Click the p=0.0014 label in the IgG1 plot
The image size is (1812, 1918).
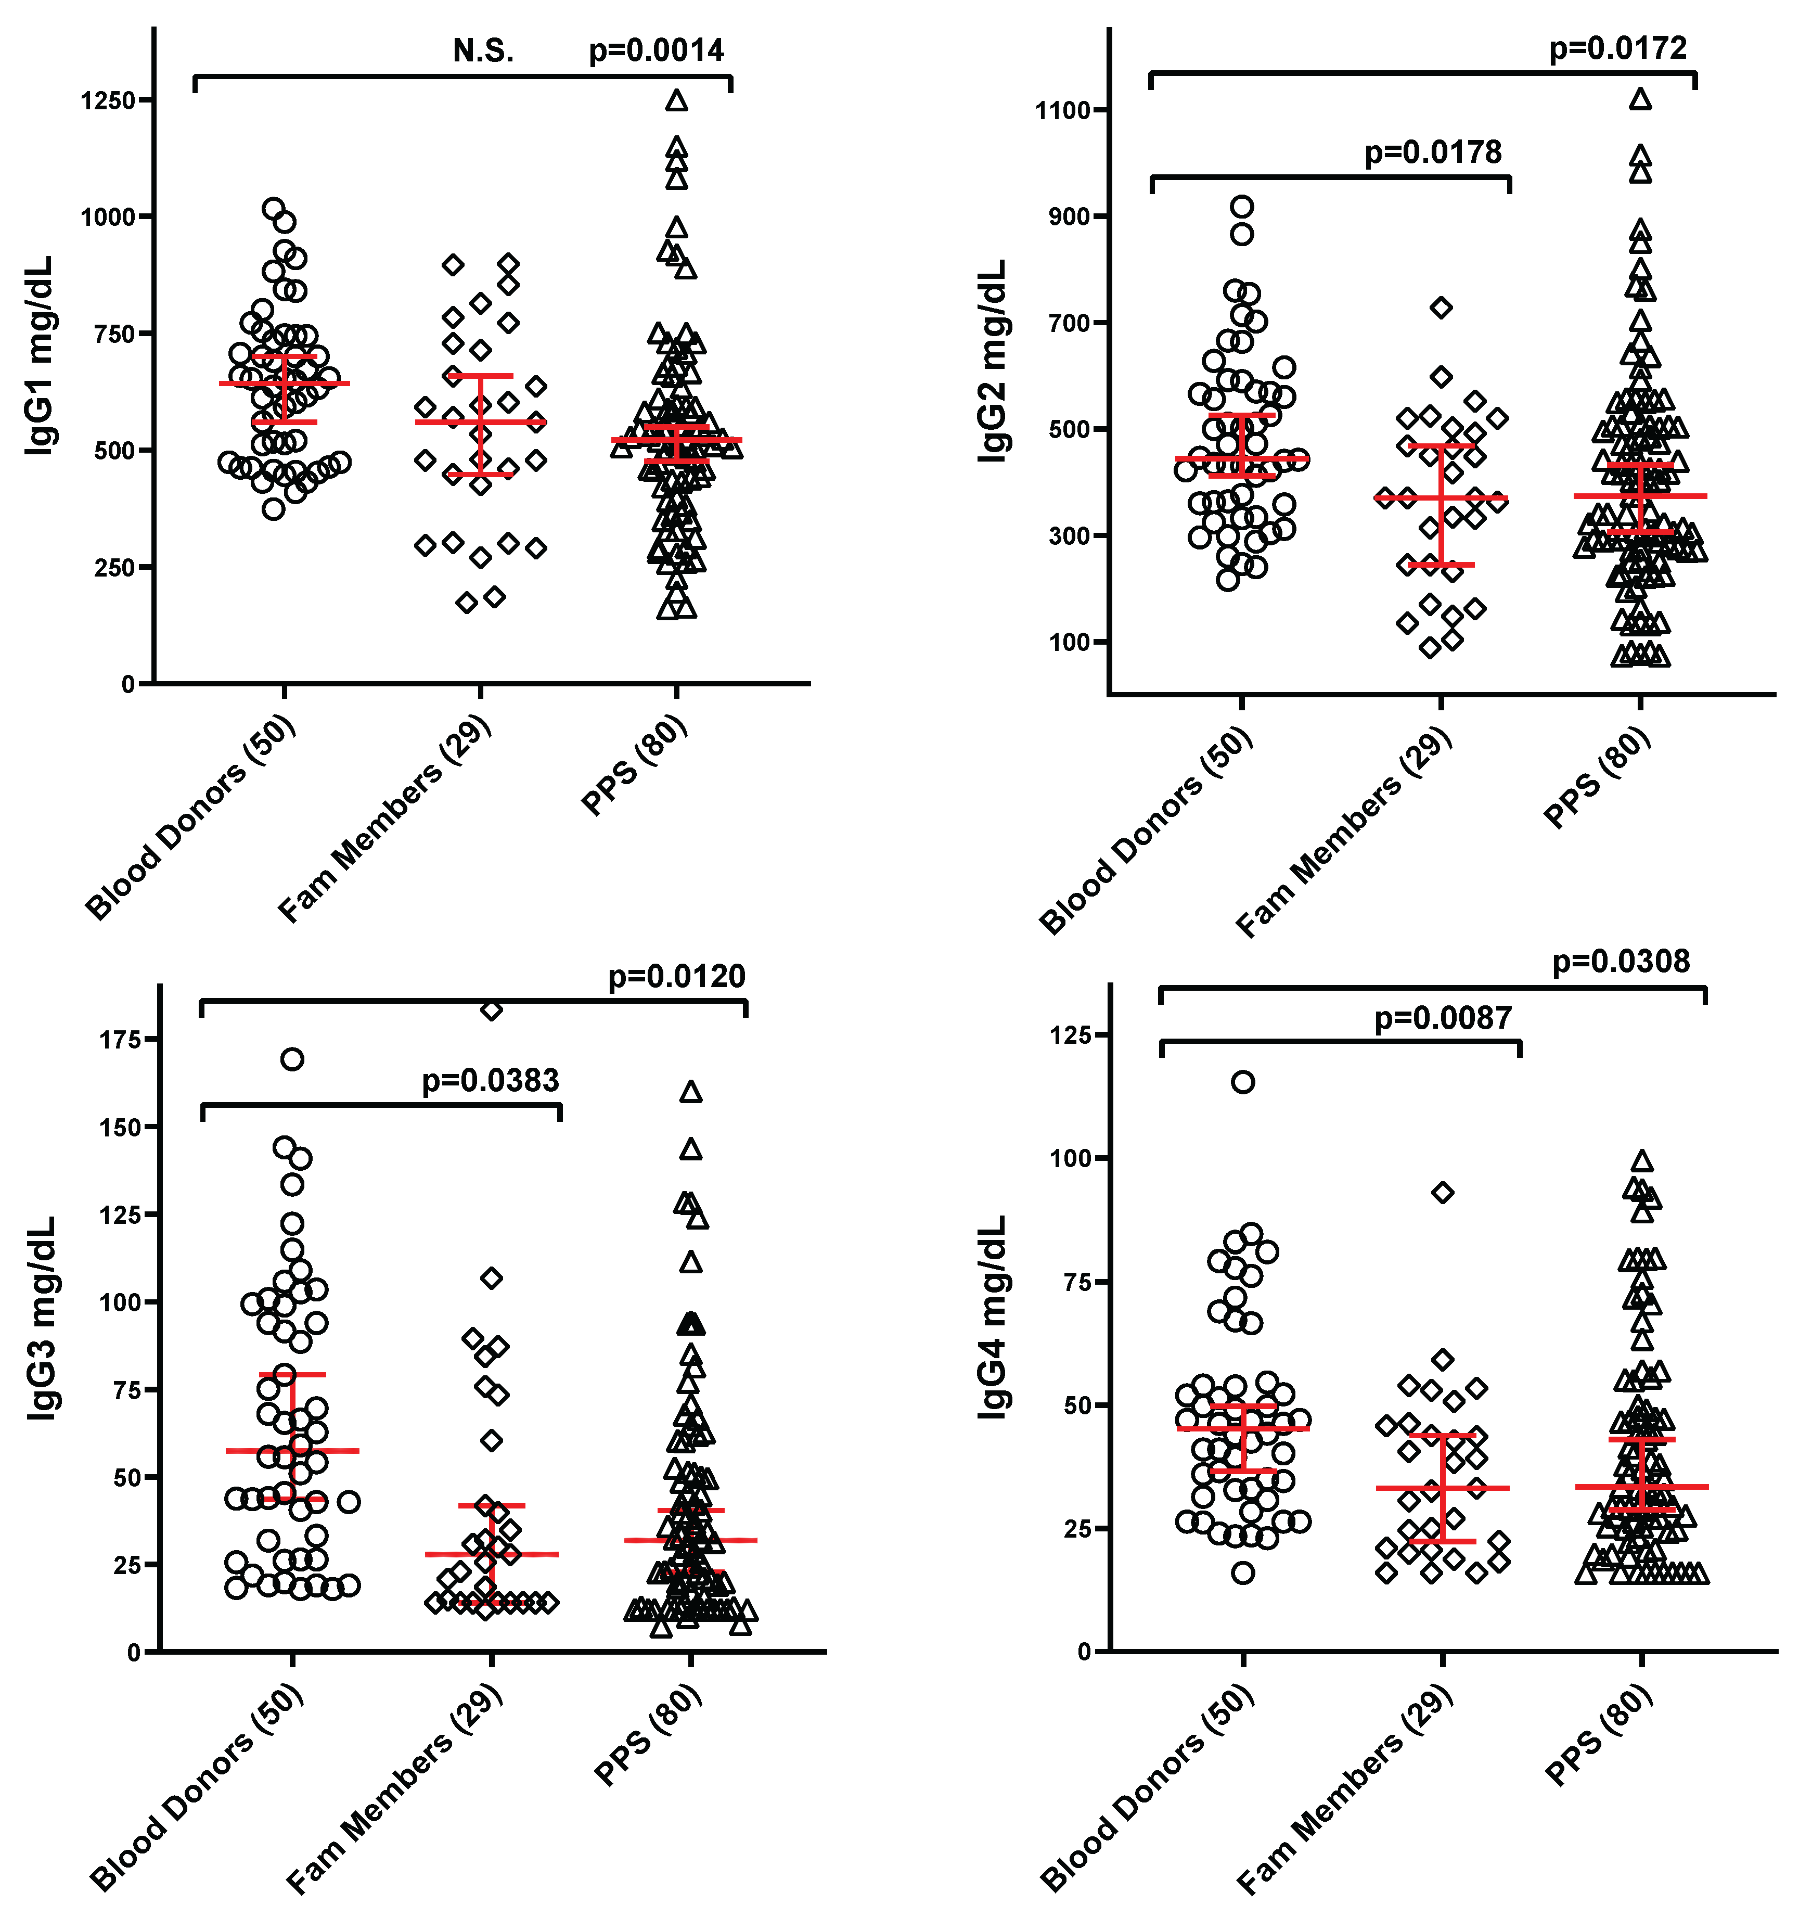click(656, 50)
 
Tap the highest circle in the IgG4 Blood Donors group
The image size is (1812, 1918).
click(1243, 1082)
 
